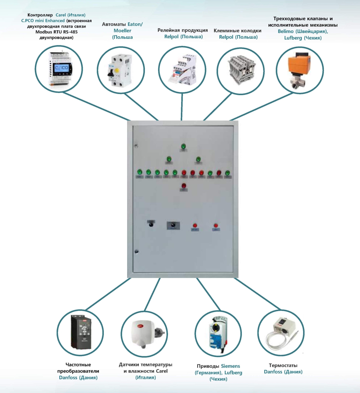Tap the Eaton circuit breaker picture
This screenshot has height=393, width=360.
point(120,70)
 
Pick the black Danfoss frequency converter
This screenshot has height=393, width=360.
point(80,332)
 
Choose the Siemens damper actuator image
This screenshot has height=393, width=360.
point(218,333)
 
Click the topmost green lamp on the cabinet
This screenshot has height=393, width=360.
point(183,146)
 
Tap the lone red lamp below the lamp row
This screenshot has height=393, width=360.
point(184,186)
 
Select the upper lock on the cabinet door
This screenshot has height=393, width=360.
point(136,146)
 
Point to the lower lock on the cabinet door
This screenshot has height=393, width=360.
point(136,252)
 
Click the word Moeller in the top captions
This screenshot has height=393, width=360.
point(122,31)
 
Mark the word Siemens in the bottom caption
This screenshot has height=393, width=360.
point(230,366)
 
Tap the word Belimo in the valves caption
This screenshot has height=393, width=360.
point(286,31)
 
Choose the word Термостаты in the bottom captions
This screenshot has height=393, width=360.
point(283,365)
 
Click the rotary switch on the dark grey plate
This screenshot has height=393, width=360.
point(173,225)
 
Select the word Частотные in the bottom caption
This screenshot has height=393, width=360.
point(78,365)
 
